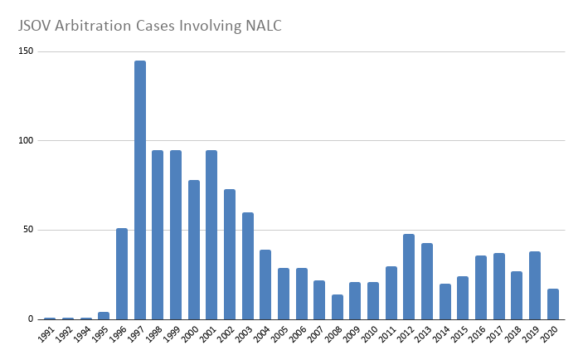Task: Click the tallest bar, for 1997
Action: pyautogui.click(x=140, y=190)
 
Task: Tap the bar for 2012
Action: pyautogui.click(x=409, y=276)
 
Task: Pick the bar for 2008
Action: pyautogui.click(x=337, y=307)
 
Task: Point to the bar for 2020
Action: pyautogui.click(x=552, y=304)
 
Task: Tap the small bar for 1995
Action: pyautogui.click(x=104, y=316)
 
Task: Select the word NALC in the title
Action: pyautogui.click(x=257, y=26)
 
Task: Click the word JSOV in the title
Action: pyautogui.click(x=37, y=26)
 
